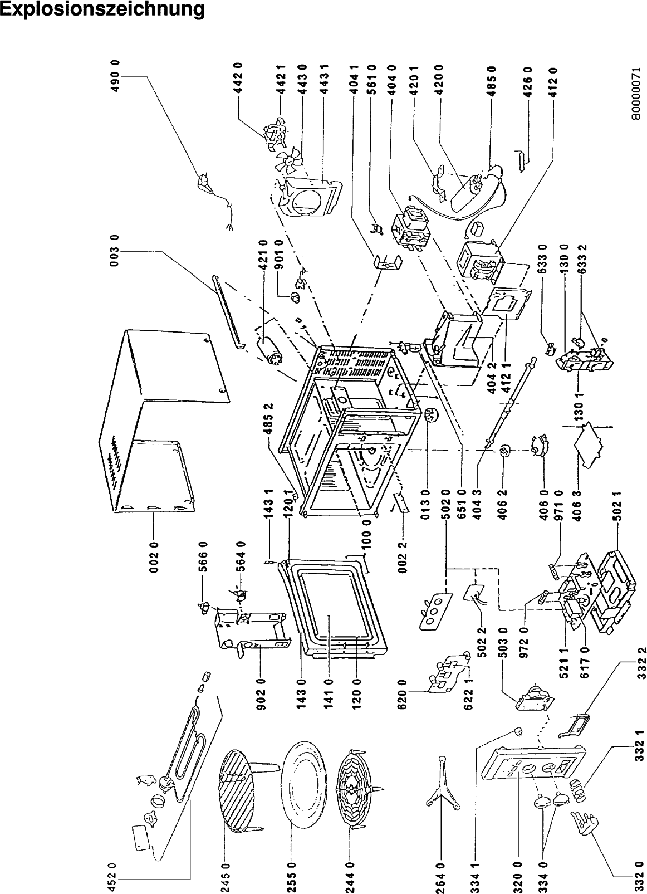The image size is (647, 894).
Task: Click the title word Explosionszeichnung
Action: tap(101, 11)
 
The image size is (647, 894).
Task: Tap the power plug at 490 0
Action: tap(205, 184)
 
